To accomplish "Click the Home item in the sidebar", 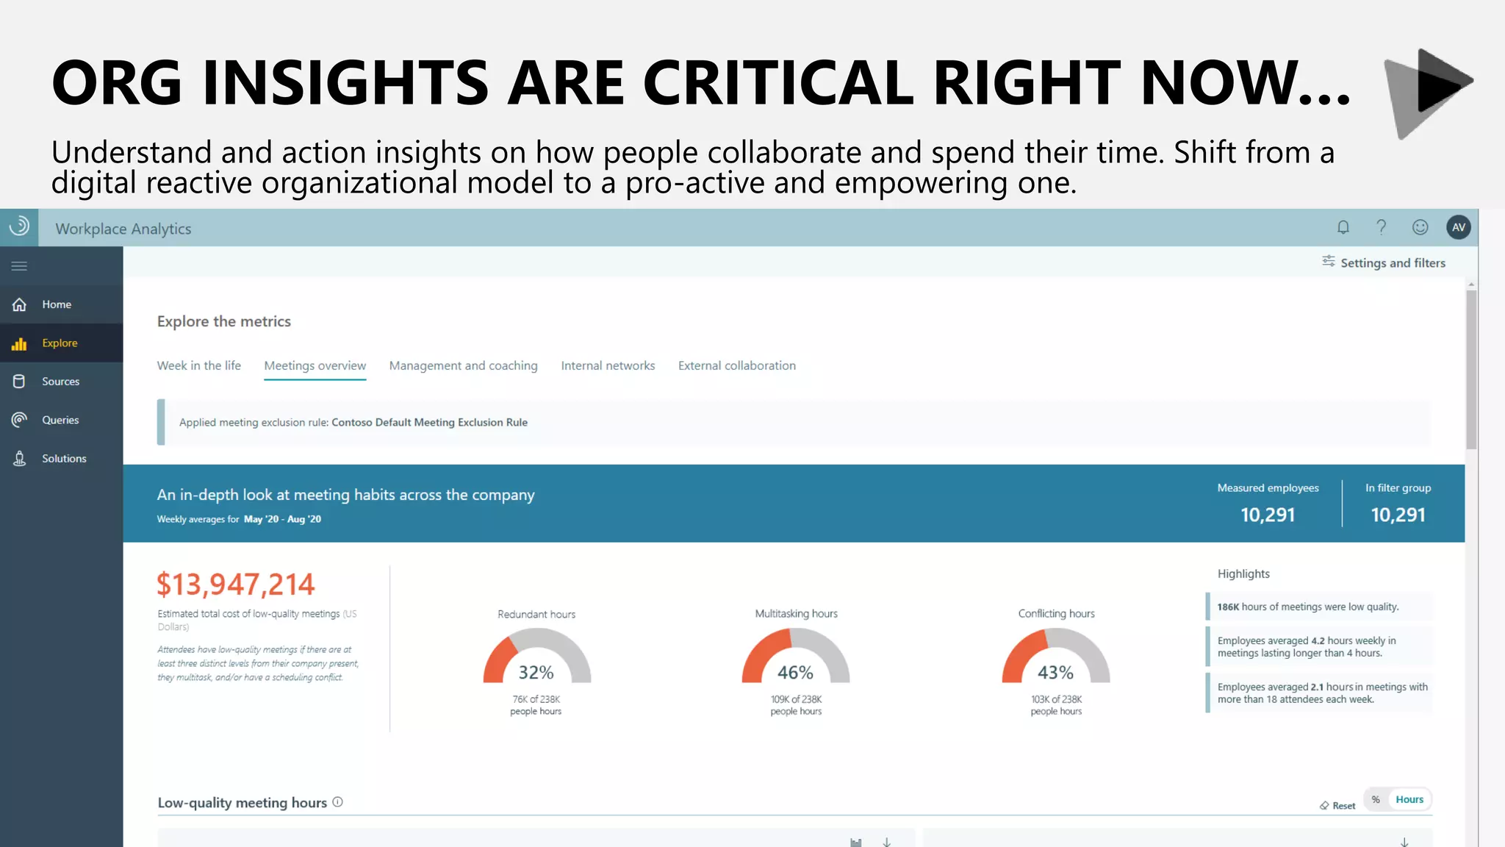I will (x=56, y=304).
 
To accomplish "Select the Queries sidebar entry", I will (x=60, y=420).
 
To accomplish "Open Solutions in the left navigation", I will (x=63, y=459).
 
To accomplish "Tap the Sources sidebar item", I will (x=60, y=382).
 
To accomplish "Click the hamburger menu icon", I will (x=20, y=266).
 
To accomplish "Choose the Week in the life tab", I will (x=198, y=365).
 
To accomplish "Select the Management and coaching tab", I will (x=463, y=365).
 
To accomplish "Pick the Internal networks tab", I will (x=608, y=365).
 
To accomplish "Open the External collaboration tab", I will (x=736, y=365).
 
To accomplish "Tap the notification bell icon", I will (x=1343, y=228).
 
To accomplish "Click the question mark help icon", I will (x=1382, y=228).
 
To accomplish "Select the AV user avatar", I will (x=1458, y=228).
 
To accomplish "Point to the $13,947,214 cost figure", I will (x=235, y=585).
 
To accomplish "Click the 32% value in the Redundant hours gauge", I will (x=536, y=672).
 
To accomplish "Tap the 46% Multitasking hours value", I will (x=795, y=672).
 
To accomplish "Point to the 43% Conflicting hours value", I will (x=1055, y=672).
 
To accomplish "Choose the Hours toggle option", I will (x=1409, y=799).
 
